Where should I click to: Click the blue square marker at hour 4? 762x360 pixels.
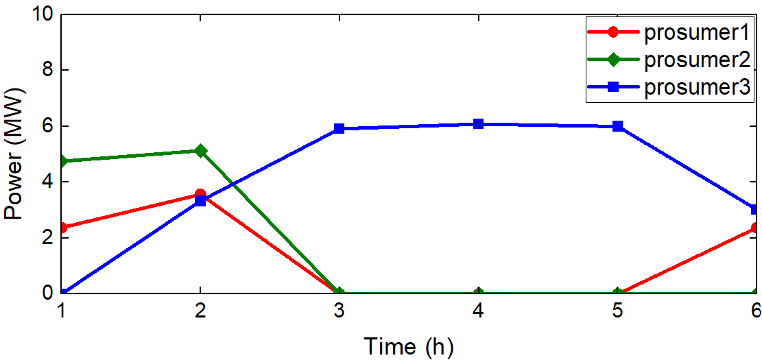[x=478, y=124]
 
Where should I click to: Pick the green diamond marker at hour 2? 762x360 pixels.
[x=200, y=150]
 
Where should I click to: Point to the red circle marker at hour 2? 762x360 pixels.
[x=200, y=195]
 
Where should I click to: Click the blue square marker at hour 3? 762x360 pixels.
[x=339, y=128]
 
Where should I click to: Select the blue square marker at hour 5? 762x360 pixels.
[x=617, y=126]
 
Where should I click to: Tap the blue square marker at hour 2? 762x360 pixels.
[x=200, y=201]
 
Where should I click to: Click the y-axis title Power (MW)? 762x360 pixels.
[x=15, y=154]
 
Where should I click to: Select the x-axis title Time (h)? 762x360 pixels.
[x=408, y=345]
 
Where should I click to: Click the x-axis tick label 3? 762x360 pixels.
[x=339, y=310]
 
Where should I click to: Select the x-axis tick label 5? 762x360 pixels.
[x=617, y=310]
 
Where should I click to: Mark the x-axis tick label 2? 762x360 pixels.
[x=200, y=310]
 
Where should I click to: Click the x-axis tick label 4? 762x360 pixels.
[x=478, y=310]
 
